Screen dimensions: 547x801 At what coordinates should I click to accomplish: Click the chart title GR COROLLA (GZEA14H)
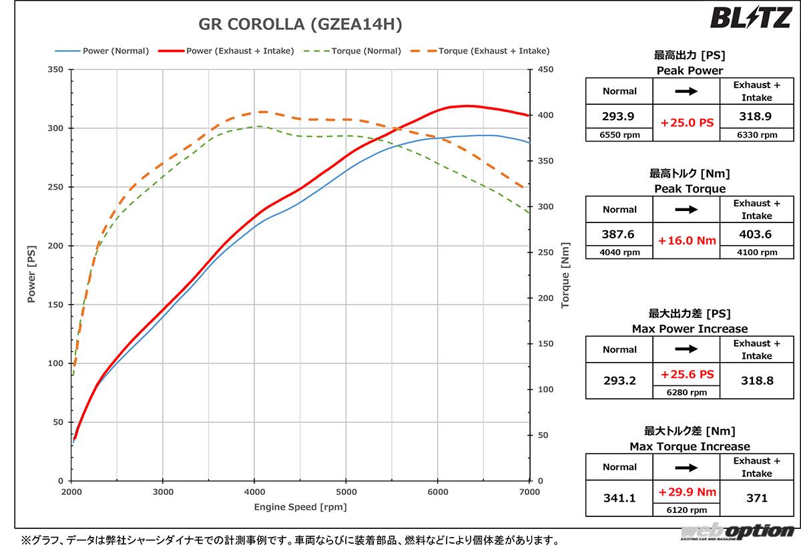pyautogui.click(x=300, y=25)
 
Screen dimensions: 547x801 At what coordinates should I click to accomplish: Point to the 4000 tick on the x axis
pyautogui.click(x=254, y=492)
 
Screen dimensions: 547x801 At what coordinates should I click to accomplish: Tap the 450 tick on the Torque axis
pyautogui.click(x=545, y=69)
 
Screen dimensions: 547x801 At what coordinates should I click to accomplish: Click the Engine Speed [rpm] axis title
pyautogui.click(x=300, y=507)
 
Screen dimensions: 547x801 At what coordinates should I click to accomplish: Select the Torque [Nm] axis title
pyautogui.click(x=565, y=275)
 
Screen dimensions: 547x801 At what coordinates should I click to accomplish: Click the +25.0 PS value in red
pyautogui.click(x=686, y=123)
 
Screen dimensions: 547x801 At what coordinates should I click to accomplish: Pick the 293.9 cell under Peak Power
pyautogui.click(x=619, y=116)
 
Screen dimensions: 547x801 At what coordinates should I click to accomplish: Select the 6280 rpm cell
pyautogui.click(x=686, y=392)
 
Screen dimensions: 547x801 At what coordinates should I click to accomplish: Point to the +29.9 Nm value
pyautogui.click(x=686, y=492)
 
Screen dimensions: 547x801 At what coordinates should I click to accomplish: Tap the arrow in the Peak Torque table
pyautogui.click(x=686, y=209)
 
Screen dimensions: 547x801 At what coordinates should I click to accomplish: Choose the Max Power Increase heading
pyautogui.click(x=690, y=329)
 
